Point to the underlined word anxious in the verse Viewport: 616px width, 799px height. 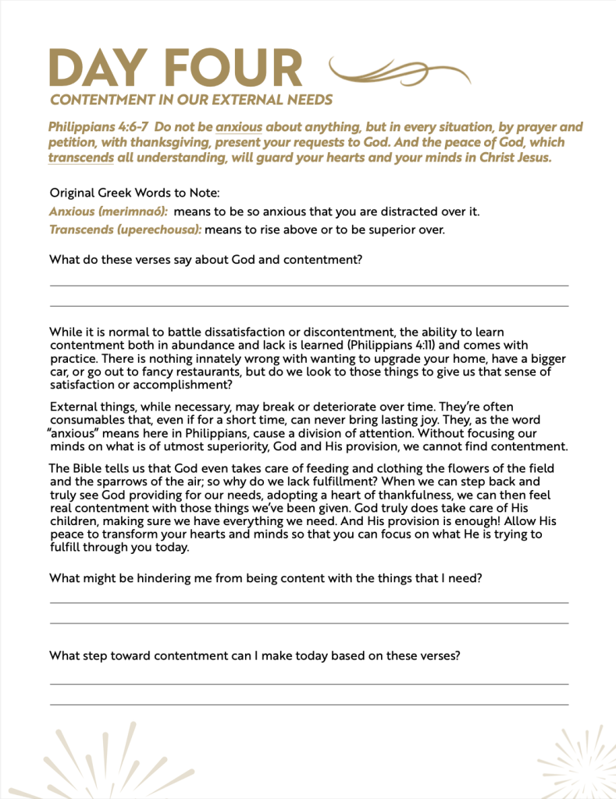point(238,126)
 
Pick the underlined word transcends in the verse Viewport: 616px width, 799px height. point(80,158)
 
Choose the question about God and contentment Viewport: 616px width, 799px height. point(205,260)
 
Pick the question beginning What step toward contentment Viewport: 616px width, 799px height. point(255,655)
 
